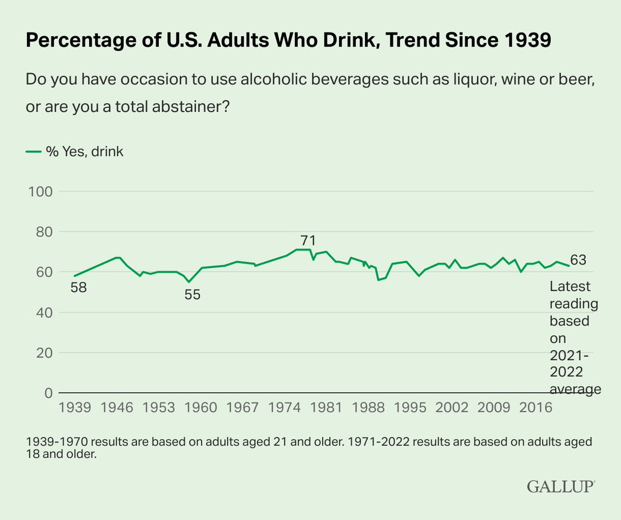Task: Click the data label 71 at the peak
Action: [307, 241]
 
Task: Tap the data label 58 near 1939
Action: [78, 287]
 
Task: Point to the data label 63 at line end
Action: [578, 260]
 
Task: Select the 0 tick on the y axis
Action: [47, 393]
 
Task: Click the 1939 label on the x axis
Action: [76, 408]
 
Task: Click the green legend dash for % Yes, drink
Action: [33, 152]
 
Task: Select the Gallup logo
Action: [561, 485]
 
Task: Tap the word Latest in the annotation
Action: [570, 286]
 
